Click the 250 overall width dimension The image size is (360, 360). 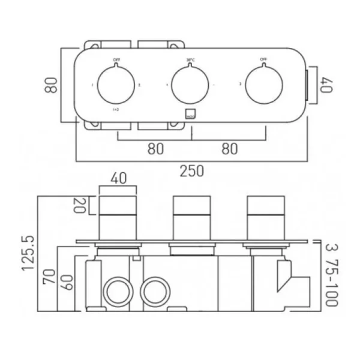tap(191, 171)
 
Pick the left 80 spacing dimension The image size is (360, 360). tap(154, 149)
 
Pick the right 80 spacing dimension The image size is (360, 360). tap(229, 149)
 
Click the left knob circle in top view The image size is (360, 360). tap(116, 85)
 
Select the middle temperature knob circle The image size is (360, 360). tap(190, 85)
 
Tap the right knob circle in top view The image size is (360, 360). tap(265, 85)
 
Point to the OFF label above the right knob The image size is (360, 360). tap(263, 59)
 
